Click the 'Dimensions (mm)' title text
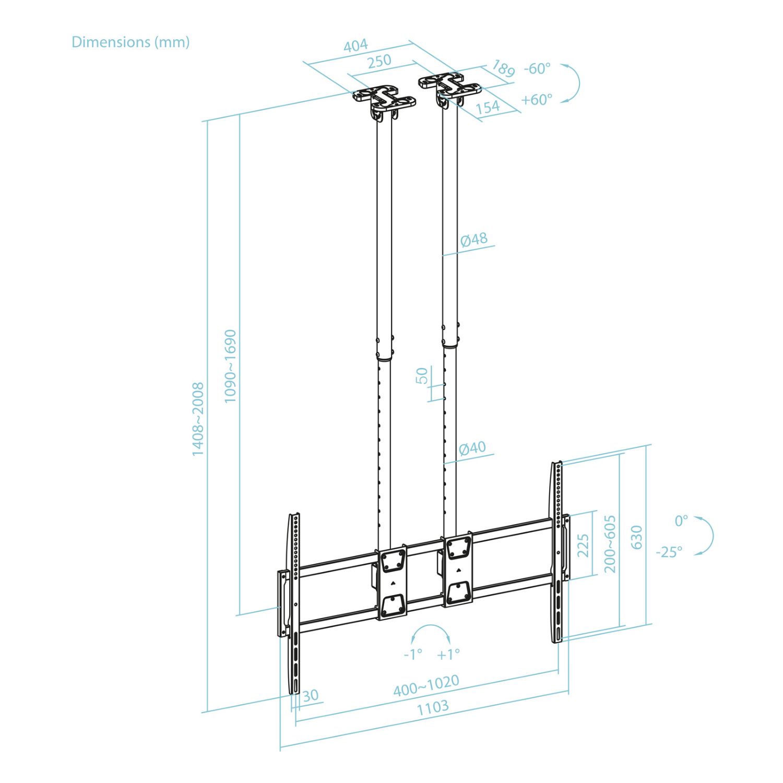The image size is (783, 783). [x=130, y=42]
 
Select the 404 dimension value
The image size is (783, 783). [x=355, y=45]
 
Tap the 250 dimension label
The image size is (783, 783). [x=379, y=61]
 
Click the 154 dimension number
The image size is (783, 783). [x=488, y=107]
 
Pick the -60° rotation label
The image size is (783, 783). [x=537, y=68]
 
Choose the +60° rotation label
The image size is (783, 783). [x=537, y=99]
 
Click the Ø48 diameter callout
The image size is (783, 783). [x=474, y=239]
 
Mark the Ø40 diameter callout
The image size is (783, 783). [x=472, y=448]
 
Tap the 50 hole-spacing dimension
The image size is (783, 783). [x=422, y=375]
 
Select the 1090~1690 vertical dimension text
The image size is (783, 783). [x=230, y=366]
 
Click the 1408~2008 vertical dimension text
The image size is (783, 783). [x=198, y=419]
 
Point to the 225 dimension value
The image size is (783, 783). [x=583, y=545]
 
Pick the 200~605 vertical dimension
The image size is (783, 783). [x=610, y=543]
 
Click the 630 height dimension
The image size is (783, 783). [x=637, y=537]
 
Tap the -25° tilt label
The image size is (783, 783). [x=669, y=552]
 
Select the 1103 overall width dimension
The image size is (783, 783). [x=432, y=707]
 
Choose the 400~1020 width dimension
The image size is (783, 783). [x=426, y=685]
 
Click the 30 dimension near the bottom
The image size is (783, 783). [x=310, y=695]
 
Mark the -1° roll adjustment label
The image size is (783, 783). [x=413, y=654]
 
